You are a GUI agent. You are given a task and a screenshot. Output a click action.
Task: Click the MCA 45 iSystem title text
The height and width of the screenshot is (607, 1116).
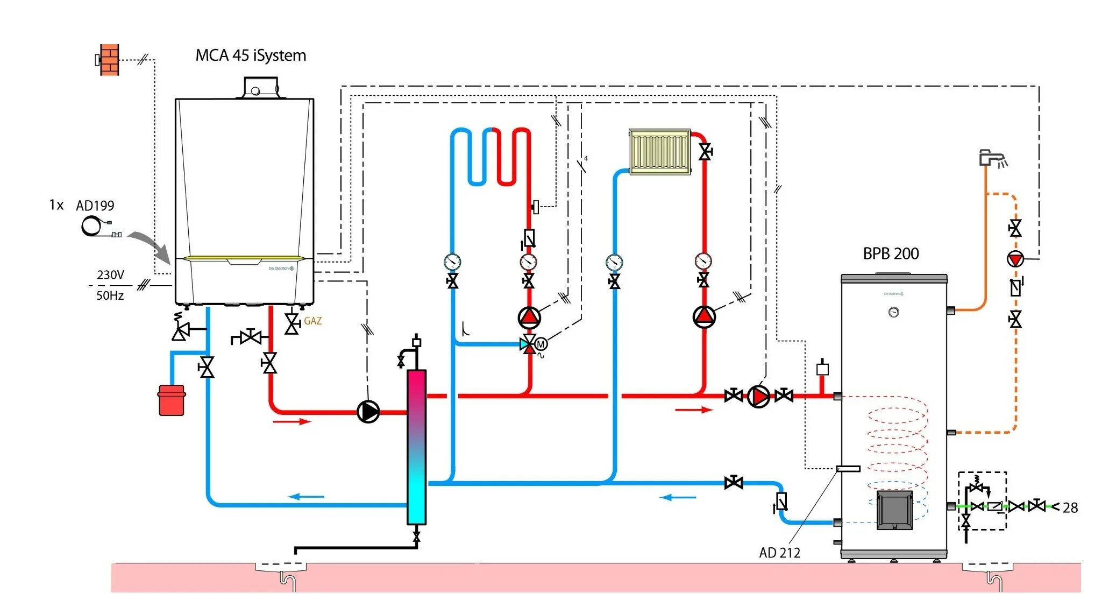(x=251, y=55)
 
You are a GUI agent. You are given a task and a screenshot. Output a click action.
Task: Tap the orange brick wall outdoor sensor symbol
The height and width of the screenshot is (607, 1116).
(x=109, y=60)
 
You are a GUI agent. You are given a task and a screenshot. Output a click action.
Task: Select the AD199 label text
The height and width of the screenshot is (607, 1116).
(x=95, y=206)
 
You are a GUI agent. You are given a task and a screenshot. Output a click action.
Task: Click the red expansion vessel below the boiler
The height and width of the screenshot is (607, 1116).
(x=172, y=400)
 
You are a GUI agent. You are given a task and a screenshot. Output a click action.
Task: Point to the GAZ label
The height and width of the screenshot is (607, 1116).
(x=312, y=321)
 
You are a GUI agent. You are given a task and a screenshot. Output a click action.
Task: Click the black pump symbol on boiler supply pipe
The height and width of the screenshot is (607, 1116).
(x=368, y=412)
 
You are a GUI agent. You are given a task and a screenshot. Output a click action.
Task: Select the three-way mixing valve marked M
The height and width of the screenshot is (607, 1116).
(x=530, y=344)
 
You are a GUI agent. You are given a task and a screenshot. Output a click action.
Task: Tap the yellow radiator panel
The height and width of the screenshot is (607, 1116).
(x=659, y=151)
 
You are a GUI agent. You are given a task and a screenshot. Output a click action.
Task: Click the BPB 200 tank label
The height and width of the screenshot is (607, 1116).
(x=891, y=253)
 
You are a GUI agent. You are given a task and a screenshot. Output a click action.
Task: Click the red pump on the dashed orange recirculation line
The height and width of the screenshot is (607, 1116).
(x=1015, y=259)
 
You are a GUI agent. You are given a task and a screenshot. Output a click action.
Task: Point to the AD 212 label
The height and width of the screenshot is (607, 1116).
(x=779, y=553)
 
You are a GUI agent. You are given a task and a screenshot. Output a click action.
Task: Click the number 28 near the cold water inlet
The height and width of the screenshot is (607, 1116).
(x=1070, y=507)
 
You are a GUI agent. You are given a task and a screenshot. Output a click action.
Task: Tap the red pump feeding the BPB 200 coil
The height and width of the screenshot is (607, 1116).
(x=758, y=397)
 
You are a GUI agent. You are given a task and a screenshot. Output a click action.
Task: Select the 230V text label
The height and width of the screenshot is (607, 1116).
(x=110, y=275)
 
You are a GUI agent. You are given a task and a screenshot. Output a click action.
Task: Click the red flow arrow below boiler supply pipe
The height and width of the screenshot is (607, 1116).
(x=292, y=421)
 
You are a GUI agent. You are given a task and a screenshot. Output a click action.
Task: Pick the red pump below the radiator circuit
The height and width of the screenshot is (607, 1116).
(x=704, y=317)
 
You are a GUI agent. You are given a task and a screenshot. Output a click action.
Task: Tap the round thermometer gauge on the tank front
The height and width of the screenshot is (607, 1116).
(x=893, y=312)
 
